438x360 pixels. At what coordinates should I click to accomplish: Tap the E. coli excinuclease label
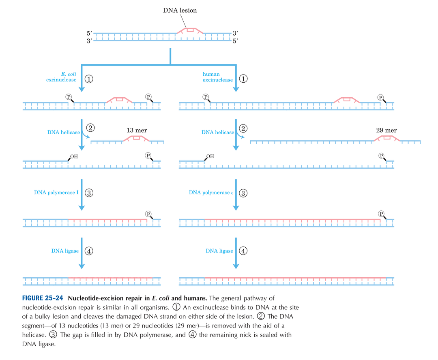click(61, 77)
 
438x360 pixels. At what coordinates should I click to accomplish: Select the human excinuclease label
click(218, 77)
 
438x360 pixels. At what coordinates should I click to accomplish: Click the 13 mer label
click(137, 131)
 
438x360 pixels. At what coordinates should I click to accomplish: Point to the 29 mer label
click(386, 131)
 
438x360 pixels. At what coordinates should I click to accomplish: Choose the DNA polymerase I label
click(56, 193)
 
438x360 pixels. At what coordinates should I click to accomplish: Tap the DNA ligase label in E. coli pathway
click(65, 251)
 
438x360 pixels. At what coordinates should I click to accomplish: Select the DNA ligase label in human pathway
click(219, 251)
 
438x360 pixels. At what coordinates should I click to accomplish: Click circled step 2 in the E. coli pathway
click(90, 128)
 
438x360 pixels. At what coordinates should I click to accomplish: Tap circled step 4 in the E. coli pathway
click(89, 251)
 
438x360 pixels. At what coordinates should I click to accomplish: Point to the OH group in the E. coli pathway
click(73, 156)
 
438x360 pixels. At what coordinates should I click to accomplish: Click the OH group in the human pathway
click(210, 156)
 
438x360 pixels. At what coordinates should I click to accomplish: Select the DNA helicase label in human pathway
click(218, 133)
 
